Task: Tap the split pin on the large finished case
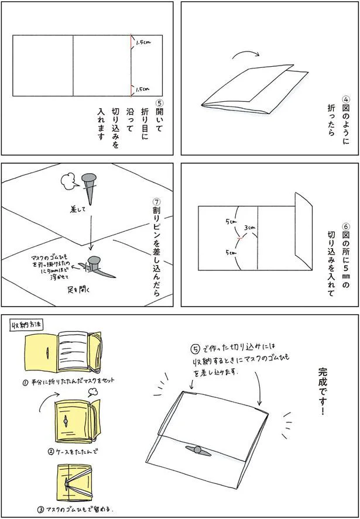click(x=197, y=449)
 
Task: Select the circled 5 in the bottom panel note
click(x=197, y=349)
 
